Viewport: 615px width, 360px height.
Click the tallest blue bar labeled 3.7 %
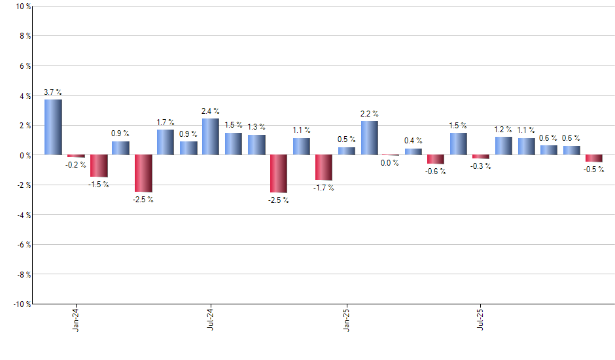pos(53,127)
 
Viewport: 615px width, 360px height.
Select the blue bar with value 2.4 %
pos(211,137)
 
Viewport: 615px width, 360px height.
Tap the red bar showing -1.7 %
pos(324,168)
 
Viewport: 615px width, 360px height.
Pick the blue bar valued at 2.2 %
pos(369,138)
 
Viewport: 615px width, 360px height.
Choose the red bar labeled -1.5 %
pos(99,166)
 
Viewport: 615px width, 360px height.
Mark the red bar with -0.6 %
pos(436,159)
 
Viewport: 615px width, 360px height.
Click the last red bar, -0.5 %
pos(594,158)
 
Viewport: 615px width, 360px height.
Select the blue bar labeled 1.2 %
pos(504,146)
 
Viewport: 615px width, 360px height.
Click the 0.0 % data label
pos(390,163)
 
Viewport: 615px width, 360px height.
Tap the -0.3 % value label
pos(481,166)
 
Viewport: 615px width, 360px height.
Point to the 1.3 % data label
pos(256,127)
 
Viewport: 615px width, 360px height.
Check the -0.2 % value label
pos(76,165)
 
